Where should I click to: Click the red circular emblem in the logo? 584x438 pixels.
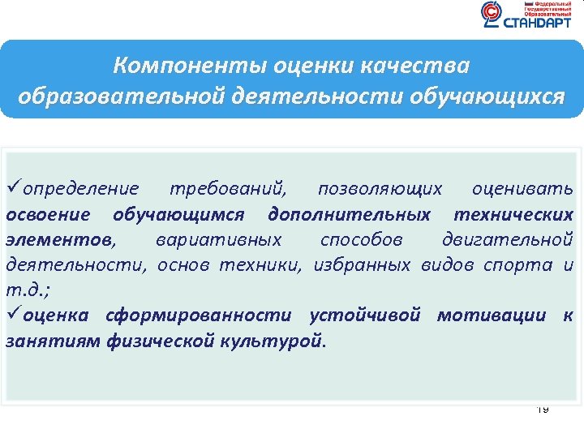pos(492,14)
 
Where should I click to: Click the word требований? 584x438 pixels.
pos(227,190)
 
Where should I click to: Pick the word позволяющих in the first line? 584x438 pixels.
pos(380,190)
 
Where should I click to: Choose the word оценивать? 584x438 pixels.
pos(522,190)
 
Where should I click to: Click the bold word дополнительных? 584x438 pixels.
pos(349,215)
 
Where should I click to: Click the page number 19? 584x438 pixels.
pos(543,410)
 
